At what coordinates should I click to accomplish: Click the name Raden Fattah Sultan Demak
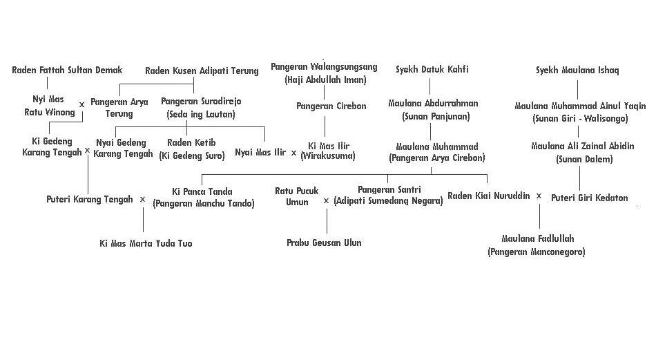pyautogui.click(x=67, y=70)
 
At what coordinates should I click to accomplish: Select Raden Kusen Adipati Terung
pyautogui.click(x=202, y=70)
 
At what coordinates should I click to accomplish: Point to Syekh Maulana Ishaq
pyautogui.click(x=577, y=70)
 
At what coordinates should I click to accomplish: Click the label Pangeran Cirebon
pyautogui.click(x=331, y=106)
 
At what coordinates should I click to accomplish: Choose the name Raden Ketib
pyautogui.click(x=191, y=142)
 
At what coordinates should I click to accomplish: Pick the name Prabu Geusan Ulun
pyautogui.click(x=324, y=243)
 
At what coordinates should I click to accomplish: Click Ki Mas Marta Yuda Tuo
pyautogui.click(x=146, y=243)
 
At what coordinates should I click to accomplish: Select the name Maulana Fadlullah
pyautogui.click(x=537, y=239)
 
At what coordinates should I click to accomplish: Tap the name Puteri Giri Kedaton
pyautogui.click(x=589, y=198)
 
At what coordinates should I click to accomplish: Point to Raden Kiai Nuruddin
pyautogui.click(x=488, y=196)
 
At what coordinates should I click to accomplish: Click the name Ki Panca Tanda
pyautogui.click(x=202, y=191)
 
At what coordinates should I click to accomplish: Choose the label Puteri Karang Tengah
pyautogui.click(x=90, y=199)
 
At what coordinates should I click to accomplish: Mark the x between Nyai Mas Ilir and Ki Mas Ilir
pyautogui.click(x=293, y=153)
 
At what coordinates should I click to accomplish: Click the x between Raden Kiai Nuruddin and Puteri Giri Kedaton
pyautogui.click(x=539, y=196)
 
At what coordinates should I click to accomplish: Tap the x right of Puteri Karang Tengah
pyautogui.click(x=142, y=200)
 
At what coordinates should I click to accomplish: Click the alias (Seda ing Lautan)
pyautogui.click(x=201, y=114)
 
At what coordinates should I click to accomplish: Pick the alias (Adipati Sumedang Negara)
pyautogui.click(x=388, y=201)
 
